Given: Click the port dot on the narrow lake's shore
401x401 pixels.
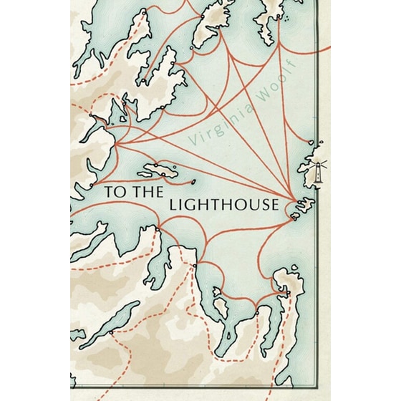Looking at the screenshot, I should point(111,332).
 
